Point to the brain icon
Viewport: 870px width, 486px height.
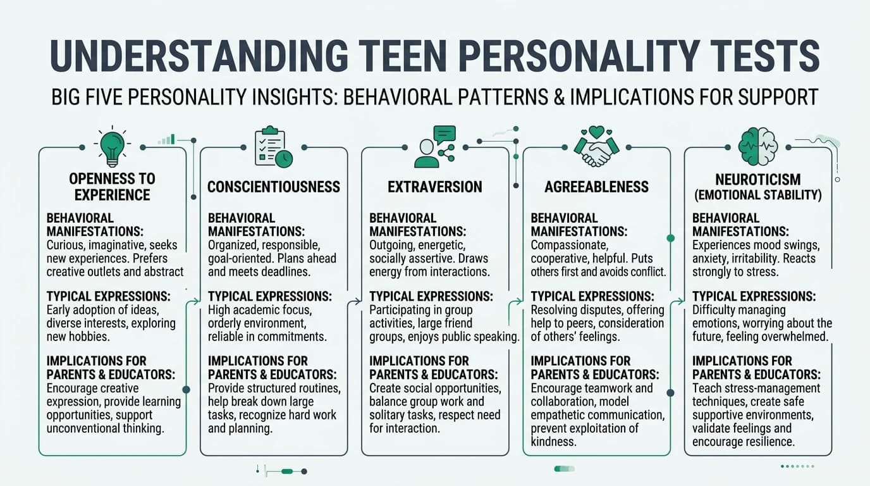pyautogui.click(x=757, y=146)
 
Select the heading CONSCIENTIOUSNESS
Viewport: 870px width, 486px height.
pyautogui.click(x=274, y=187)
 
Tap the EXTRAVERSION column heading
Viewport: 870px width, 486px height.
pyautogui.click(x=435, y=187)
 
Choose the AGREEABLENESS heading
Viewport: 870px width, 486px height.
pyautogui.click(x=596, y=187)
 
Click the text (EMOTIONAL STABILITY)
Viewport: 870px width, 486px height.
pyautogui.click(x=757, y=196)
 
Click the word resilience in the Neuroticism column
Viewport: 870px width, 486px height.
pyautogui.click(x=766, y=442)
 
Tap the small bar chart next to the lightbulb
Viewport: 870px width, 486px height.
pyautogui.click(x=167, y=139)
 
